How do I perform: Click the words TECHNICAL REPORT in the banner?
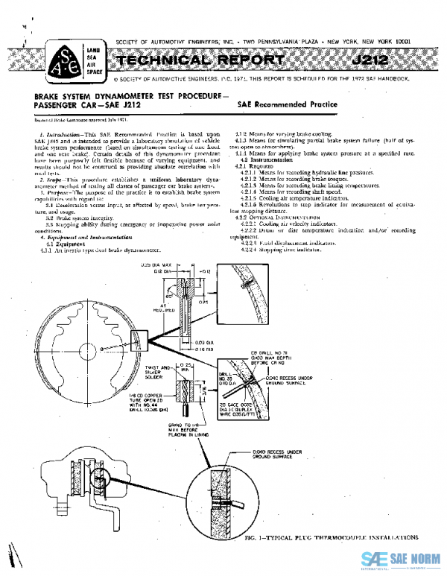click(199, 60)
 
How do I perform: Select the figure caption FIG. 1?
click(329, 537)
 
